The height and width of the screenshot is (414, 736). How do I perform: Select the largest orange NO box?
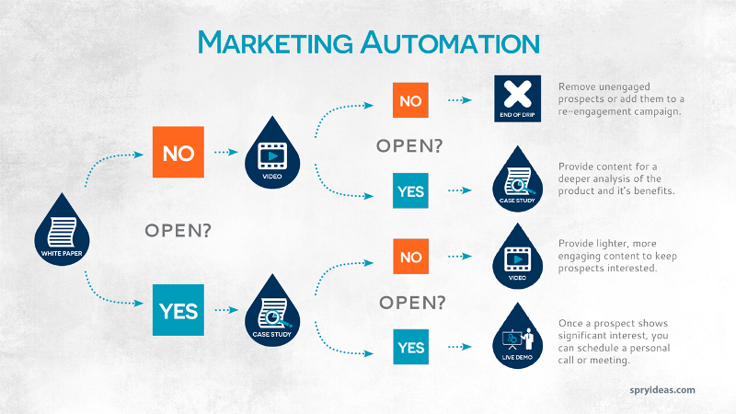pyautogui.click(x=177, y=152)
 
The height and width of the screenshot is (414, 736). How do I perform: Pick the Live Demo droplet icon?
pyautogui.click(x=520, y=338)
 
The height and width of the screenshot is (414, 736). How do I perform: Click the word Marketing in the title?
pyautogui.click(x=270, y=43)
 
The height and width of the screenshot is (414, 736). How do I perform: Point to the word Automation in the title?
pyautogui.click(x=443, y=43)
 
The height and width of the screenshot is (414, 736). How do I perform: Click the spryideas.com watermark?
pyautogui.click(x=657, y=390)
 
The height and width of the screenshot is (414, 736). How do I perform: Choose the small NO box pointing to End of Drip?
pyautogui.click(x=410, y=100)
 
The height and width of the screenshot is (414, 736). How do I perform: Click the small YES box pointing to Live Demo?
pyautogui.click(x=410, y=347)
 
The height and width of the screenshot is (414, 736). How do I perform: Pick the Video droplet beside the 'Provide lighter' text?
pyautogui.click(x=520, y=259)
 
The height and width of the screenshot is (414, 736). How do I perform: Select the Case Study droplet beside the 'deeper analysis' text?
pyautogui.click(x=520, y=179)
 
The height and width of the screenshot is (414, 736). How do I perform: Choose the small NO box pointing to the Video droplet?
pyautogui.click(x=410, y=257)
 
